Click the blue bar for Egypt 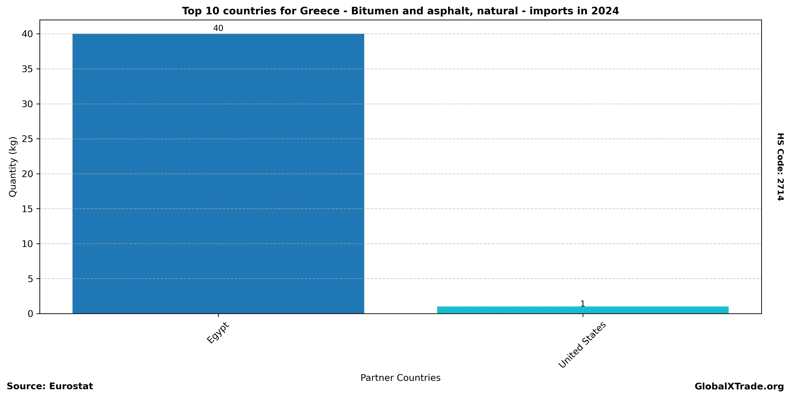pyautogui.click(x=218, y=174)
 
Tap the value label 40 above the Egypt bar pyautogui.click(x=218, y=28)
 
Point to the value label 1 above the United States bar pyautogui.click(x=583, y=304)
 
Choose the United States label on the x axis pyautogui.click(x=582, y=345)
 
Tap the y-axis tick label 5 pyautogui.click(x=30, y=279)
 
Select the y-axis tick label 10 pyautogui.click(x=28, y=244)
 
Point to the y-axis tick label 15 pyautogui.click(x=28, y=209)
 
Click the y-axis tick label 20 pyautogui.click(x=28, y=174)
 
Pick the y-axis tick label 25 pyautogui.click(x=28, y=139)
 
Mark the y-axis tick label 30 pyautogui.click(x=28, y=104)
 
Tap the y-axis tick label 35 pyautogui.click(x=28, y=69)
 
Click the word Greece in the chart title pyautogui.click(x=319, y=11)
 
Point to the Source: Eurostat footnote pyautogui.click(x=50, y=386)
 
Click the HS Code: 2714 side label pyautogui.click(x=780, y=167)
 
